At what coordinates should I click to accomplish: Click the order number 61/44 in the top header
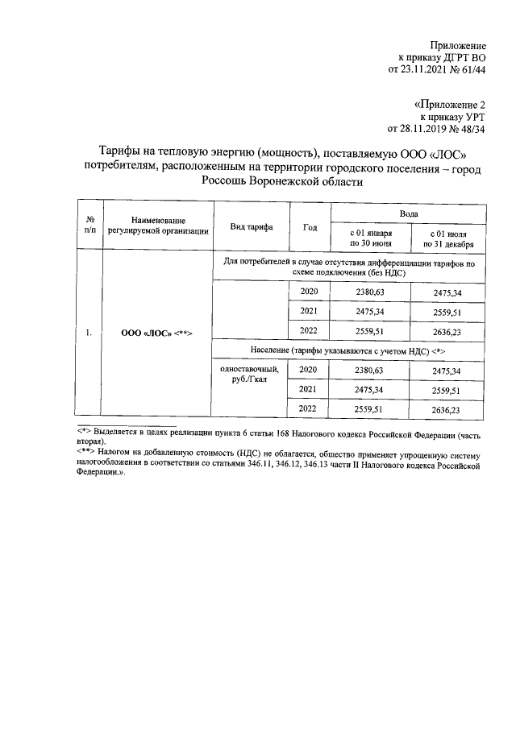click(x=471, y=70)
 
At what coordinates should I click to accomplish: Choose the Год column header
click(x=310, y=226)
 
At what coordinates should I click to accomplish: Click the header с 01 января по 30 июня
click(x=370, y=238)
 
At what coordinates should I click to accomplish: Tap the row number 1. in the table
click(x=91, y=331)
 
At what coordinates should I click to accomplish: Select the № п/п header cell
click(x=91, y=226)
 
